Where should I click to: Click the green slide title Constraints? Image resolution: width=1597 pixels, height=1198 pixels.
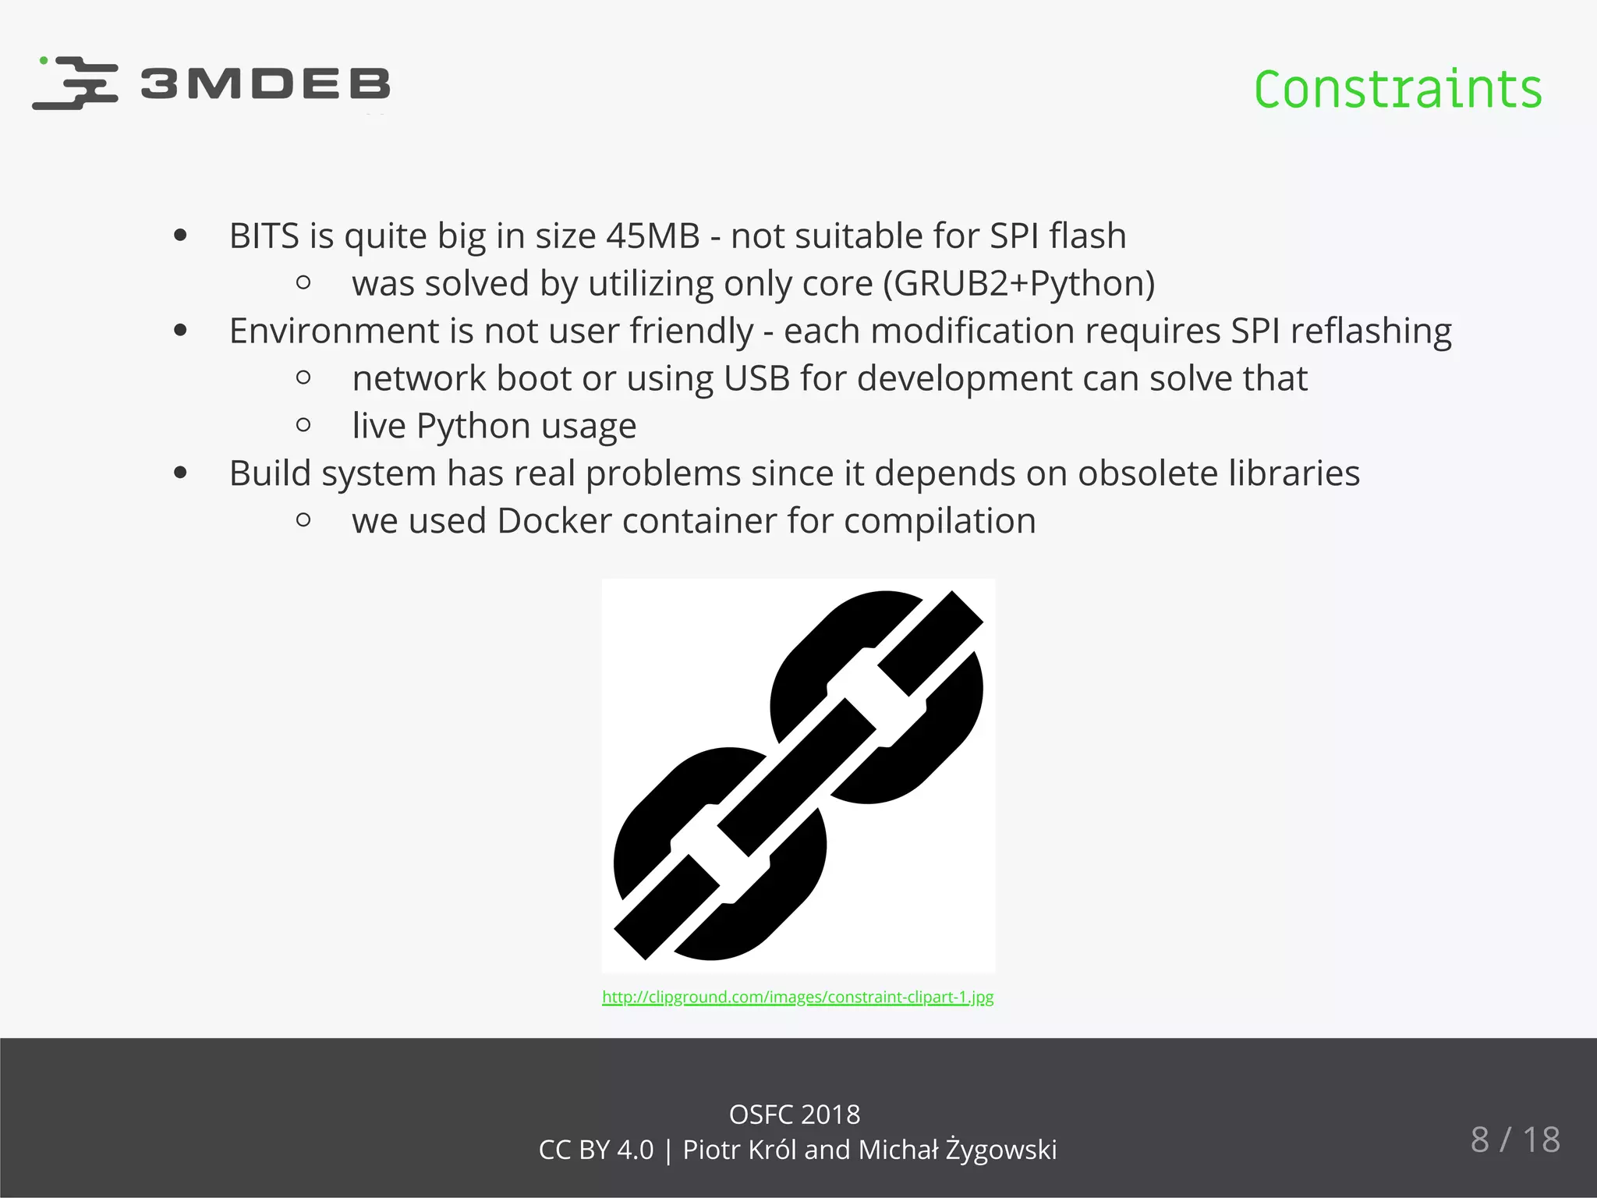click(1397, 90)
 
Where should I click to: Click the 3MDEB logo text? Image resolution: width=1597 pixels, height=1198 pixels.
click(265, 84)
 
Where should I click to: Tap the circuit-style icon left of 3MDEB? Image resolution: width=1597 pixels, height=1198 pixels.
click(76, 83)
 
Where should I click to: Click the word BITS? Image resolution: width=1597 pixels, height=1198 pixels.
click(264, 236)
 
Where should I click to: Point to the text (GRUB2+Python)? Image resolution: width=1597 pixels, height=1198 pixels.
click(1018, 283)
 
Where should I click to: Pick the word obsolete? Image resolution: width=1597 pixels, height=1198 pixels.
click(1148, 473)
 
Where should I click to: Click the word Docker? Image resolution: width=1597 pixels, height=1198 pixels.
click(554, 521)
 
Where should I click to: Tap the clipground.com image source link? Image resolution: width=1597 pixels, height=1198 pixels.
click(798, 997)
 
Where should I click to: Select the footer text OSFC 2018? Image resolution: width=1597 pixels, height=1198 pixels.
click(794, 1115)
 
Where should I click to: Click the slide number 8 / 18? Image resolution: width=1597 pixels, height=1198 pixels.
click(1514, 1140)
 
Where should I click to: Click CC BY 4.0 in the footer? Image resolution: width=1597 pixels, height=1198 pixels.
click(596, 1150)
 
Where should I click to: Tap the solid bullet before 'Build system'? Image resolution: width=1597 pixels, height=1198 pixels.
click(181, 473)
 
